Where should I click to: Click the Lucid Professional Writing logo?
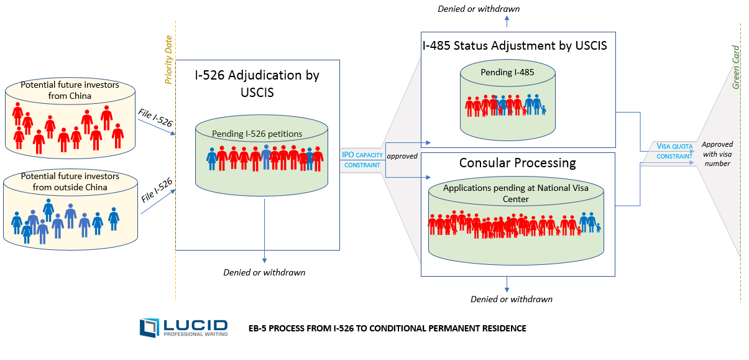[183, 328]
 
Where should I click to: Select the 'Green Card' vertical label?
[736, 67]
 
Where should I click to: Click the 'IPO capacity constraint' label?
[362, 160]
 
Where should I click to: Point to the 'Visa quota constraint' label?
[674, 151]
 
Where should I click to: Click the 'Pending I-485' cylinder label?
[507, 72]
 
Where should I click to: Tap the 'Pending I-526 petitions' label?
[257, 134]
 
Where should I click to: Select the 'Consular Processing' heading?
[517, 163]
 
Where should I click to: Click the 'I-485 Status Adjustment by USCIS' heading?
[514, 45]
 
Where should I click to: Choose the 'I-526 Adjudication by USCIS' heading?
[257, 83]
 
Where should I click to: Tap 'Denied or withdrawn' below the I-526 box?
[264, 272]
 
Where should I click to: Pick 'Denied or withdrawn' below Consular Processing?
[512, 299]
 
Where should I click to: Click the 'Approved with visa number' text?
[717, 154]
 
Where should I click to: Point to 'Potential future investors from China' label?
[70, 90]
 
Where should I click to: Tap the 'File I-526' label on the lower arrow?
[156, 190]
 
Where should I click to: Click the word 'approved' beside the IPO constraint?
[402, 156]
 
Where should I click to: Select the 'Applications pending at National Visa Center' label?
[515, 193]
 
